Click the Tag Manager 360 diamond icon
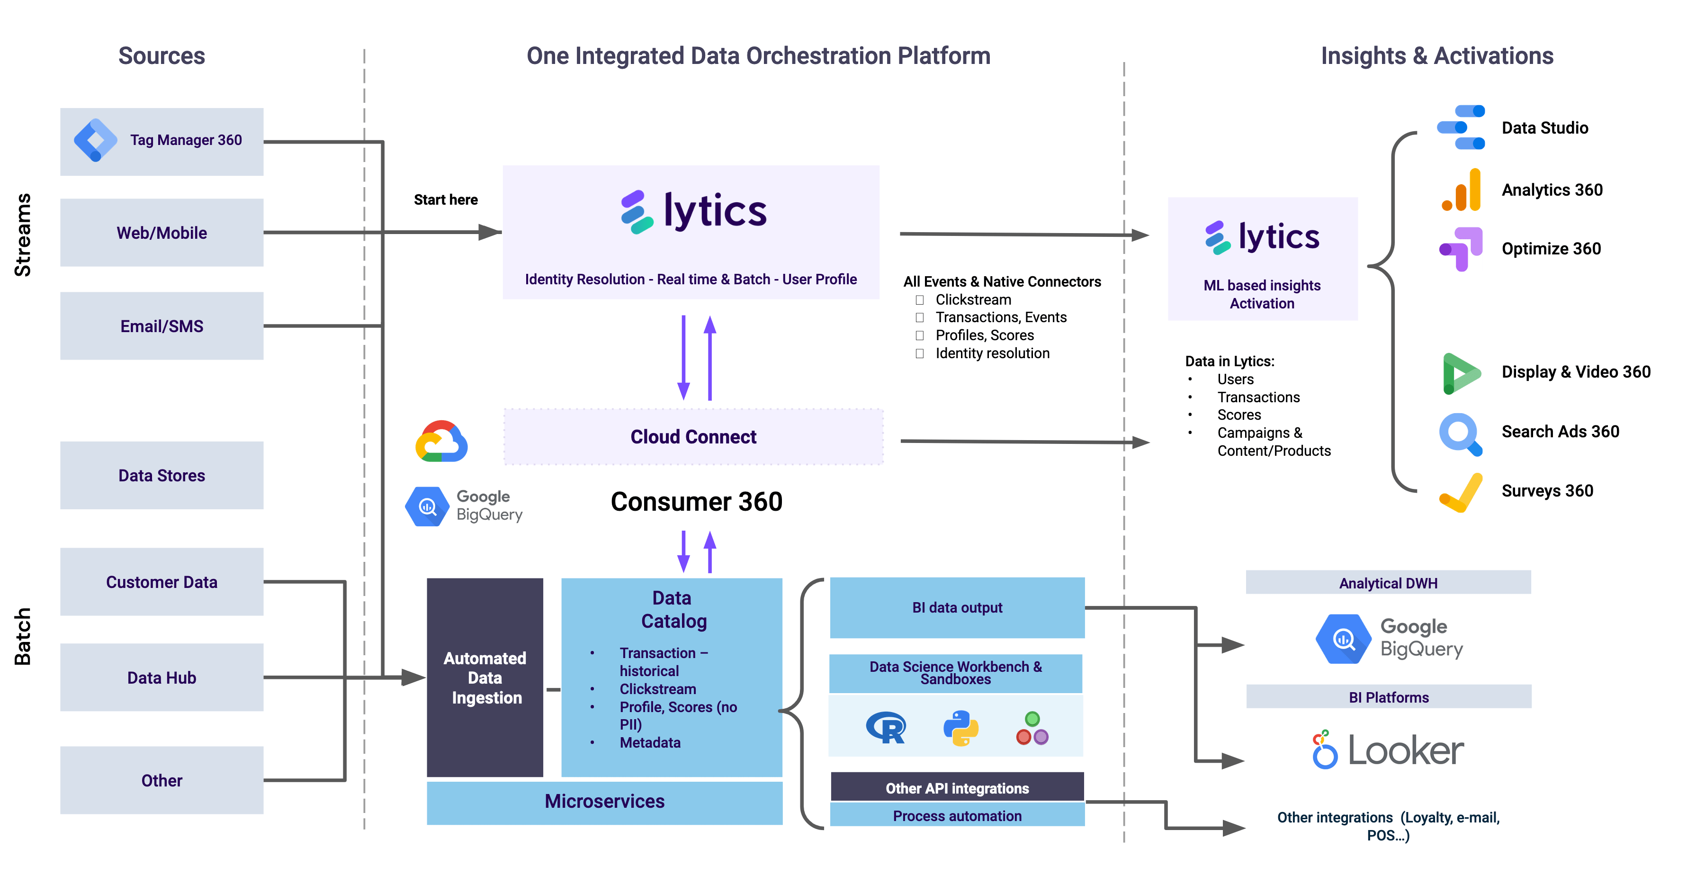pyautogui.click(x=96, y=140)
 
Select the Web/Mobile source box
pyautogui.click(x=162, y=233)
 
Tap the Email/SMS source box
pyautogui.click(x=162, y=325)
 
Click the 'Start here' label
pyautogui.click(x=445, y=200)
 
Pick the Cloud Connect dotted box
pyautogui.click(x=693, y=437)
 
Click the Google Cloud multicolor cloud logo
pyautogui.click(x=441, y=442)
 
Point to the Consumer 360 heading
pyautogui.click(x=696, y=502)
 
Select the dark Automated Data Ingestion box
pyautogui.click(x=485, y=677)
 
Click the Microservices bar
pyautogui.click(x=604, y=802)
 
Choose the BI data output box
pyautogui.click(x=957, y=608)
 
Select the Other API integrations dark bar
pyautogui.click(x=957, y=788)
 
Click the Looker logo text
pyautogui.click(x=1405, y=751)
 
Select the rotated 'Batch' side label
pyautogui.click(x=23, y=636)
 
